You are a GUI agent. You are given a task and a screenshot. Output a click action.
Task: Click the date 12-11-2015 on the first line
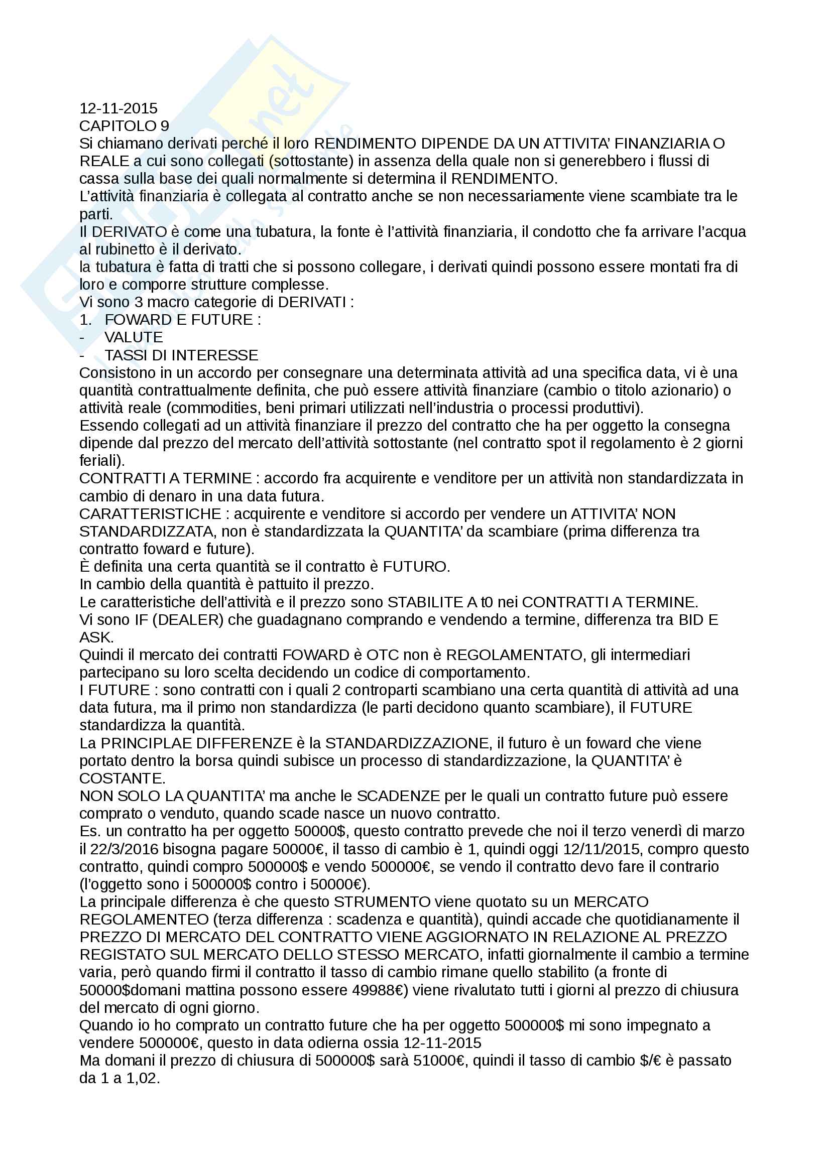point(118,108)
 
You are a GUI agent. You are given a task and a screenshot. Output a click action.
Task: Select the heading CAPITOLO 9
point(124,126)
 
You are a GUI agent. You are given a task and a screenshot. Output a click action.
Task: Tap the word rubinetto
point(123,249)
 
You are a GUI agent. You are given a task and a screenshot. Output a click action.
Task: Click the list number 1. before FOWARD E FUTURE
point(85,320)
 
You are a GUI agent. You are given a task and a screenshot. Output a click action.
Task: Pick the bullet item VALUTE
point(134,337)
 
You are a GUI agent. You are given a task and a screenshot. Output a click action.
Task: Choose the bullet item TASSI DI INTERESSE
point(181,355)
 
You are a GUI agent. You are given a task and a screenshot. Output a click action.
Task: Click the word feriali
point(100,461)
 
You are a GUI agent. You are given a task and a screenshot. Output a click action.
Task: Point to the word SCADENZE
point(398,796)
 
